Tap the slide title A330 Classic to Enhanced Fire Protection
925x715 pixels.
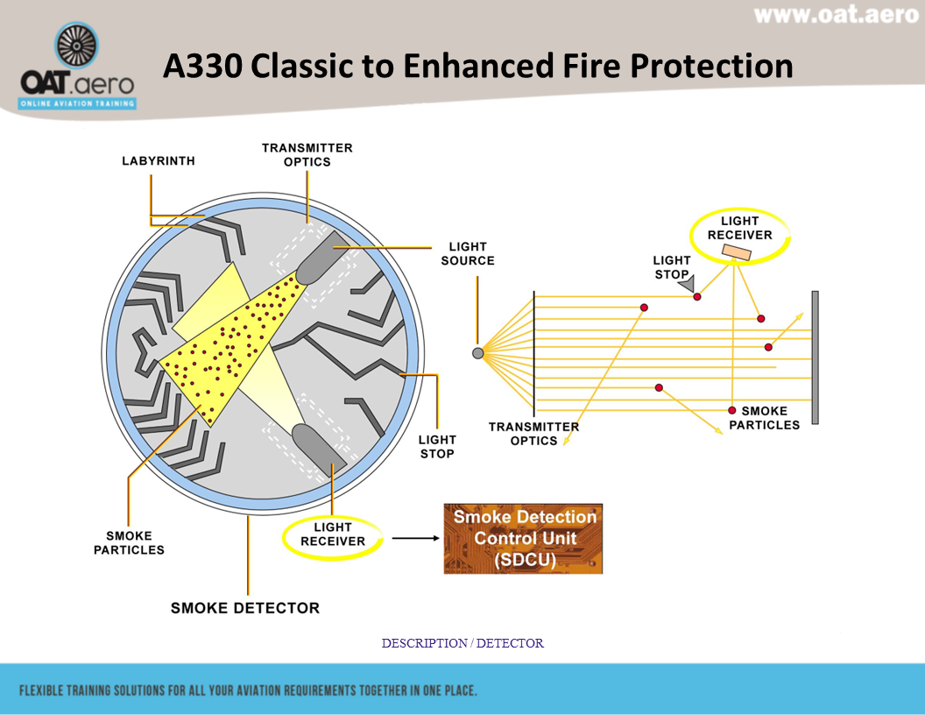(477, 67)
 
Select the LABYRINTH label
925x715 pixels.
(158, 161)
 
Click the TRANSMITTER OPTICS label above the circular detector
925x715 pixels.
(307, 155)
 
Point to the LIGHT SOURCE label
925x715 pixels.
(468, 253)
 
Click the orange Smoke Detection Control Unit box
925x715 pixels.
(523, 539)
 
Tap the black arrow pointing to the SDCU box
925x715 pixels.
(414, 537)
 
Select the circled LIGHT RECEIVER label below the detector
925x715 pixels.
(333, 534)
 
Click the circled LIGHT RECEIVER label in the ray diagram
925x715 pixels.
(739, 229)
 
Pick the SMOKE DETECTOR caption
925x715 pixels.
(245, 608)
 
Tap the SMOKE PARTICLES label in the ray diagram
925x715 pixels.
(764, 418)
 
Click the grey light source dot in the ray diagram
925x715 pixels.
(477, 353)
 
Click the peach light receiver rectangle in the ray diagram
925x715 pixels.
(736, 252)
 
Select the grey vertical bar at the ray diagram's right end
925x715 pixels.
(815, 357)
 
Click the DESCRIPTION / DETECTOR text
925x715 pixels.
(462, 643)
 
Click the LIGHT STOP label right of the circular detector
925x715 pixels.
(437, 446)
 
